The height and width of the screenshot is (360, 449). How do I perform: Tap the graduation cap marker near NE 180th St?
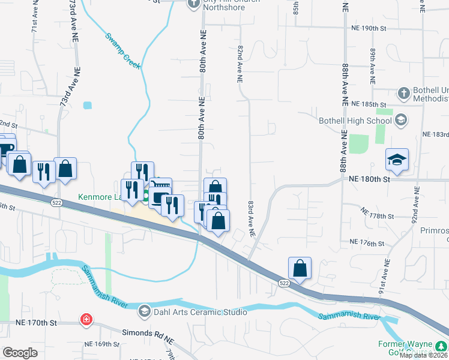click(x=397, y=160)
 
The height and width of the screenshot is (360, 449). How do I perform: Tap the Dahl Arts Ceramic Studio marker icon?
click(x=145, y=311)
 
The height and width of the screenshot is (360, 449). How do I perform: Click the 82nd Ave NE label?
click(x=240, y=62)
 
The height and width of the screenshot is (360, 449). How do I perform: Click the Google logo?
click(x=20, y=353)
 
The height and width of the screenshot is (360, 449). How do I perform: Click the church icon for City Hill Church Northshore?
click(x=193, y=4)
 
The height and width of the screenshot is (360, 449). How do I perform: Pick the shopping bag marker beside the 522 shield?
click(x=300, y=268)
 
